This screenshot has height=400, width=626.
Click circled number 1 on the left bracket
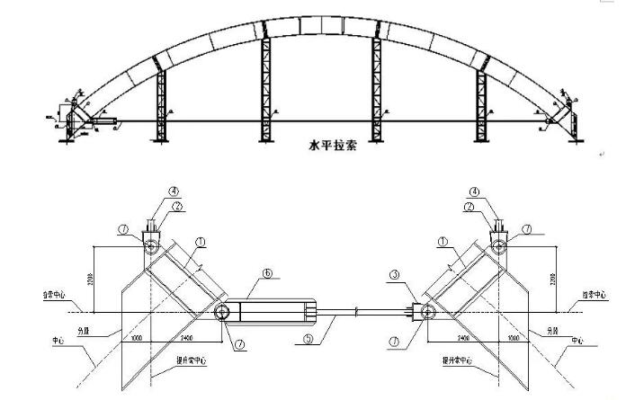[200, 241]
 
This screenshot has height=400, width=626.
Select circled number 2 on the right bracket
[469, 206]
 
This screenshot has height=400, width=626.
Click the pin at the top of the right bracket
[495, 245]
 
